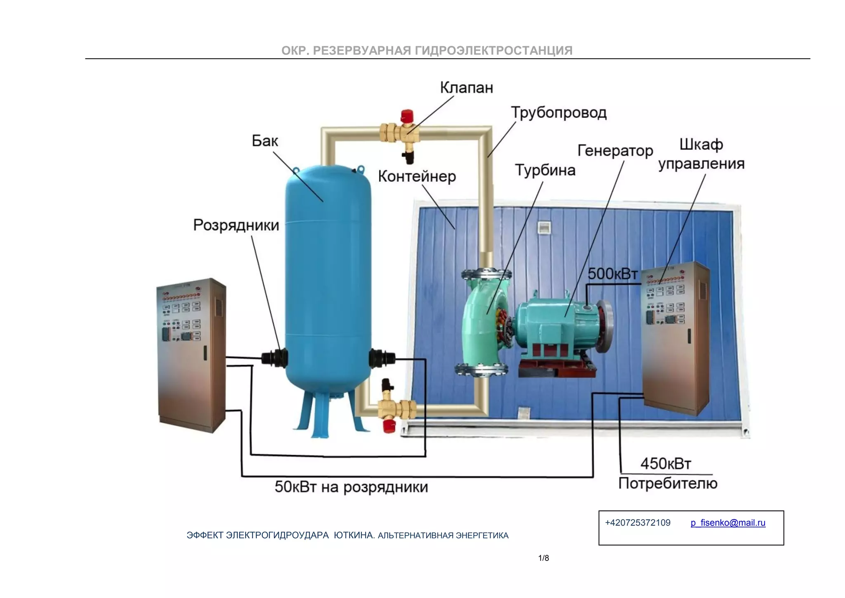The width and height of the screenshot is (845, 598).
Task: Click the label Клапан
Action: click(x=466, y=88)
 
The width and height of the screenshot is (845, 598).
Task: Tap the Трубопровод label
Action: click(x=559, y=112)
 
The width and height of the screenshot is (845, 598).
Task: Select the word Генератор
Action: click(x=615, y=151)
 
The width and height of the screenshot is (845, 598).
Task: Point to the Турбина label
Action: click(x=545, y=170)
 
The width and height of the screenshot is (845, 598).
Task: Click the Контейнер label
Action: click(x=417, y=176)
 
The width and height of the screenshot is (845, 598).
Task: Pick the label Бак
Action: click(x=265, y=141)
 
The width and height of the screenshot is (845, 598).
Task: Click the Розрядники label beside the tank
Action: click(x=236, y=225)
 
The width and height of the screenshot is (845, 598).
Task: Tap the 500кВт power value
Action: click(x=612, y=273)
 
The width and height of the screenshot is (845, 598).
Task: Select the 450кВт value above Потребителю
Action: click(x=665, y=464)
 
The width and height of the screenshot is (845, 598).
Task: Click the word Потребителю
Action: click(x=668, y=483)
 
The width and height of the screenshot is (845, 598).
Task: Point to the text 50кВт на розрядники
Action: click(x=351, y=487)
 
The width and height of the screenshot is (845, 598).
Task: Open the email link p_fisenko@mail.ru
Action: click(x=728, y=523)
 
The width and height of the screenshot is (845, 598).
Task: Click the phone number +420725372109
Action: click(x=637, y=523)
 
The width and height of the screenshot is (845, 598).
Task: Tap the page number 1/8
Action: click(x=543, y=558)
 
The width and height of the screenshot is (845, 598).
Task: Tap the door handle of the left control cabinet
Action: click(x=205, y=353)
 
